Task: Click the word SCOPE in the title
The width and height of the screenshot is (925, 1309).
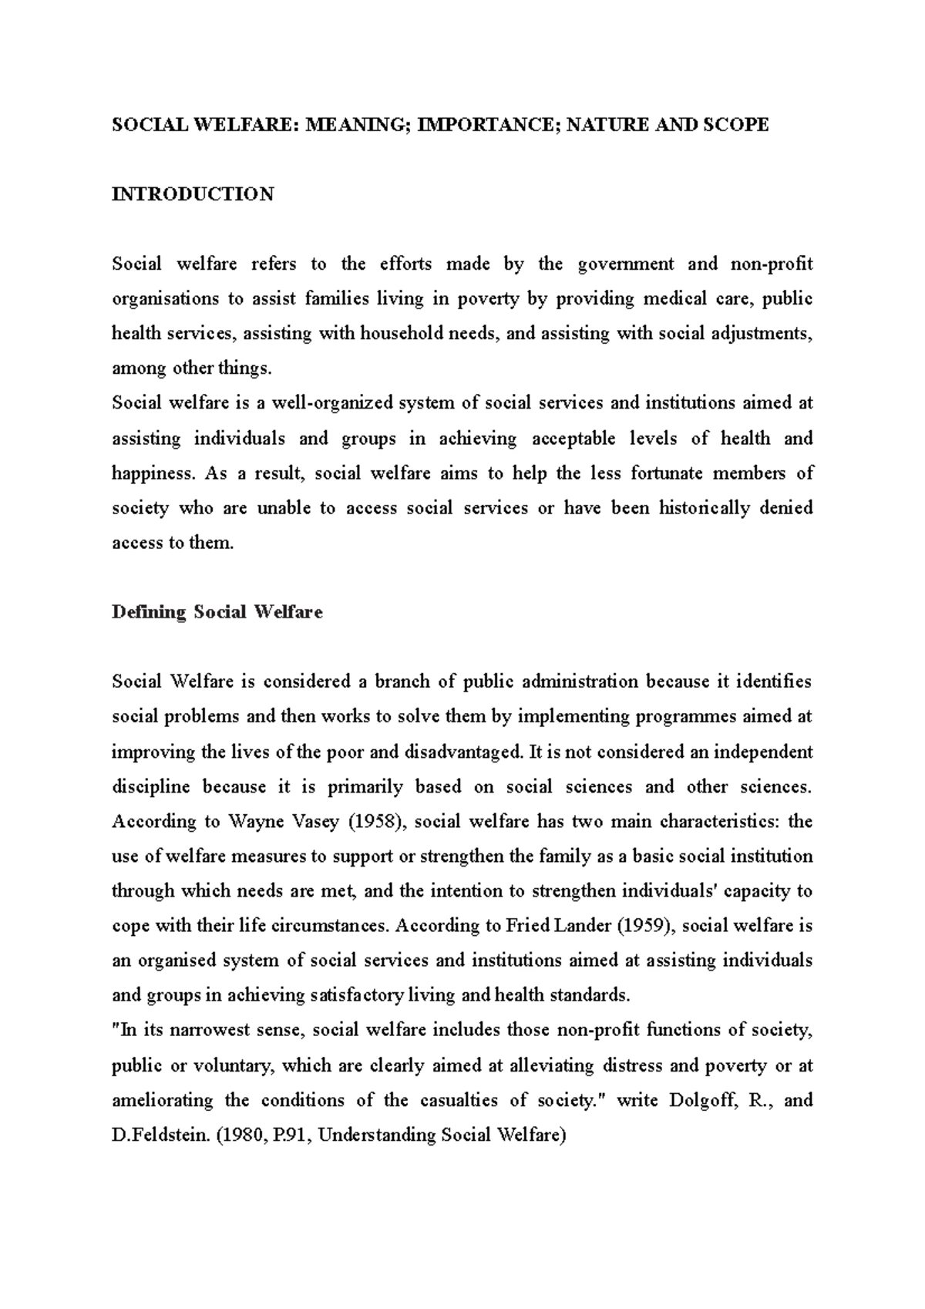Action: pyautogui.click(x=735, y=125)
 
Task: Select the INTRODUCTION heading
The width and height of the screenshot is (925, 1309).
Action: pyautogui.click(x=193, y=194)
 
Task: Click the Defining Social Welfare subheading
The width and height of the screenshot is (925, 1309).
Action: pyautogui.click(x=217, y=613)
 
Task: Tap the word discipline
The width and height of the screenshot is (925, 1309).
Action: pyautogui.click(x=150, y=787)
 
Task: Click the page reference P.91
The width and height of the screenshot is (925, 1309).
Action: pyautogui.click(x=287, y=1136)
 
